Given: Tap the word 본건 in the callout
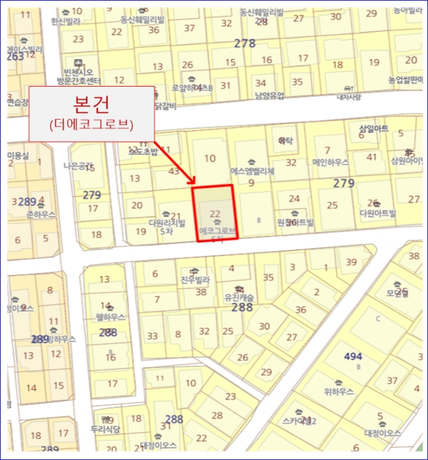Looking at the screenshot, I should point(91,106).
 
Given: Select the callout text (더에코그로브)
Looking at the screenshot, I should point(91,125).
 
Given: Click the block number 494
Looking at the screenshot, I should point(353,356).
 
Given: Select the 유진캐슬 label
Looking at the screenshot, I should point(239,298).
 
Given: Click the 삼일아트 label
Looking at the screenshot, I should point(373,128).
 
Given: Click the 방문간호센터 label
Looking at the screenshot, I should point(78,81).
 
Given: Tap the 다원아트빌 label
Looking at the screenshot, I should point(378,213).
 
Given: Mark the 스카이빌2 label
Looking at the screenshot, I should point(299,421).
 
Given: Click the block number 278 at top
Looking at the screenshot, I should point(245,43).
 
